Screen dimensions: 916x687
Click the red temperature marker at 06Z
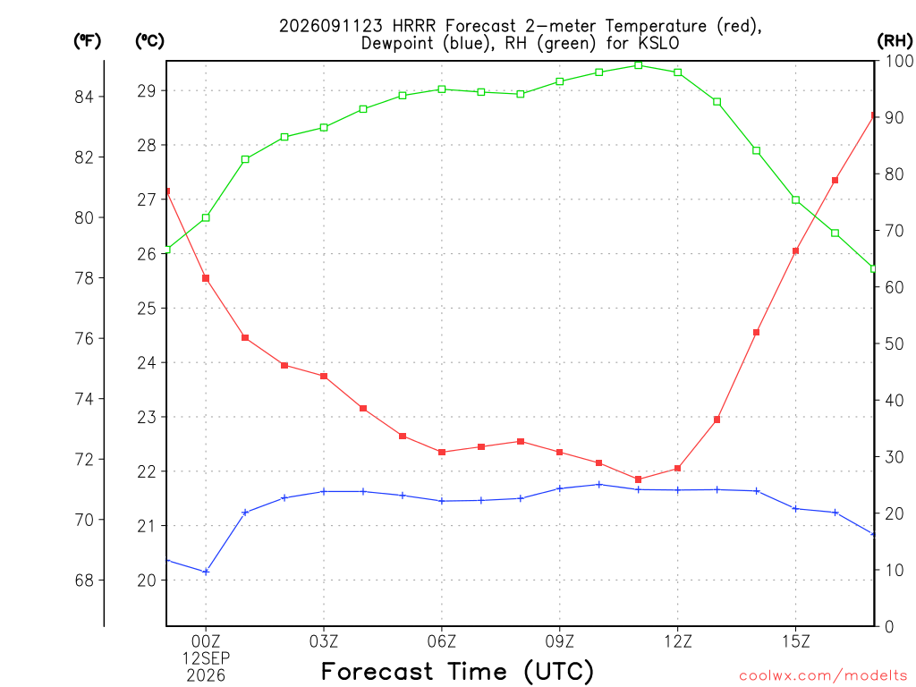tap(442, 452)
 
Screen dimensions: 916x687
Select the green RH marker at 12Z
tap(678, 72)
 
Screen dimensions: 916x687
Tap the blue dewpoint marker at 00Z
tap(206, 572)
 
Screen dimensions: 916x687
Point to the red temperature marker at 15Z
tap(795, 251)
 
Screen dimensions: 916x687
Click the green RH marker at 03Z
tap(324, 127)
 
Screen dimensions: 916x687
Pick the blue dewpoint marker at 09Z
tap(560, 488)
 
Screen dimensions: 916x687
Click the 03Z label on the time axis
tap(324, 642)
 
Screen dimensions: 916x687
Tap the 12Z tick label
tap(678, 642)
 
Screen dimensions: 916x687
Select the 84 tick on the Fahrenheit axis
tap(84, 97)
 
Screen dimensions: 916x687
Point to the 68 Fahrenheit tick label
tap(84, 581)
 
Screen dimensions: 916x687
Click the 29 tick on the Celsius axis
tap(147, 91)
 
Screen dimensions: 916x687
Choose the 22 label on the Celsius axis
tap(147, 472)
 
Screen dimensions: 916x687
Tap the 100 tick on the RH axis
tap(900, 61)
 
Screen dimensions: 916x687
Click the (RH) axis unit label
tap(895, 41)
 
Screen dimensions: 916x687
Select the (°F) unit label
tap(87, 41)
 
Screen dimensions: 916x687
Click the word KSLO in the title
tap(659, 44)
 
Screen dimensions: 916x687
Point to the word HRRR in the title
tap(414, 26)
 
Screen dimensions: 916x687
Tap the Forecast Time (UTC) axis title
tap(457, 672)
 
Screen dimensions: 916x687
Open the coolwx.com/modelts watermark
tap(823, 676)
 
